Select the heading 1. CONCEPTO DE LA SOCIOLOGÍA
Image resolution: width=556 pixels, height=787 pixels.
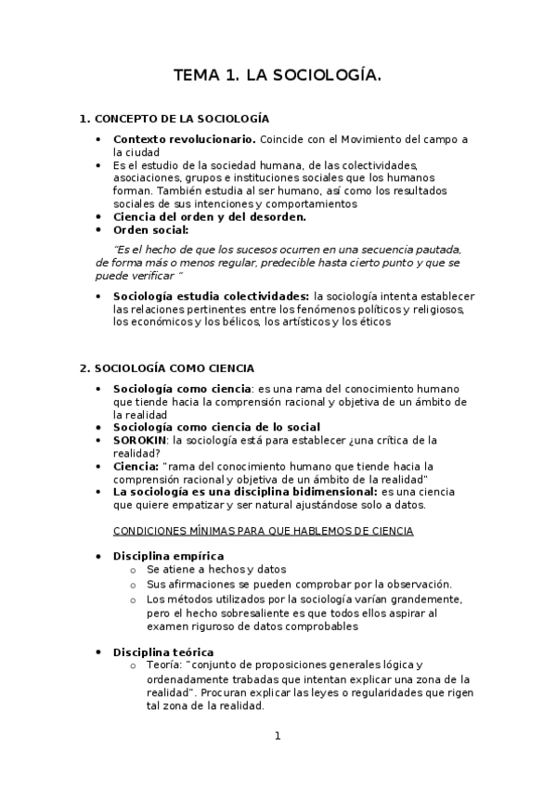click(x=175, y=119)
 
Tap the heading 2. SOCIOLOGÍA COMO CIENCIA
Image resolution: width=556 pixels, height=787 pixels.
click(x=167, y=368)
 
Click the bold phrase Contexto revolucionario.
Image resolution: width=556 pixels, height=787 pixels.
click(x=185, y=139)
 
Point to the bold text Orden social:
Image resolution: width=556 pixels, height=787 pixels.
click(x=149, y=229)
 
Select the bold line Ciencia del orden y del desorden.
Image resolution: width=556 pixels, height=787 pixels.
click(x=210, y=216)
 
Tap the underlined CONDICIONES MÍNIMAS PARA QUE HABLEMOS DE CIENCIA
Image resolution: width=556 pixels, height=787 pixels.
click(x=263, y=531)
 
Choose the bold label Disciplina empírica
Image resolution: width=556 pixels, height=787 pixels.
click(x=168, y=556)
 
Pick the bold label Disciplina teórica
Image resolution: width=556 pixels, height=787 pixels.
click(x=163, y=652)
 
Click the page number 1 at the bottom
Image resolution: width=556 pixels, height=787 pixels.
click(x=277, y=736)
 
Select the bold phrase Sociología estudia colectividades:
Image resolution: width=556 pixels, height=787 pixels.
click(x=211, y=296)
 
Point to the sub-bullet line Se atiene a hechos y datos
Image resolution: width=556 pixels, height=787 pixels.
click(x=216, y=569)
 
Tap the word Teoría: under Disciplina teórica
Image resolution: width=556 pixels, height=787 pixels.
click(x=164, y=665)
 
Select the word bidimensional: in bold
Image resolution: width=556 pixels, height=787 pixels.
click(x=332, y=491)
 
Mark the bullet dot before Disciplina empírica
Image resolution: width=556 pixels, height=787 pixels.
click(x=99, y=556)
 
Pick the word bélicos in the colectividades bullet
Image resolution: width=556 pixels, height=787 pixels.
click(x=241, y=322)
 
